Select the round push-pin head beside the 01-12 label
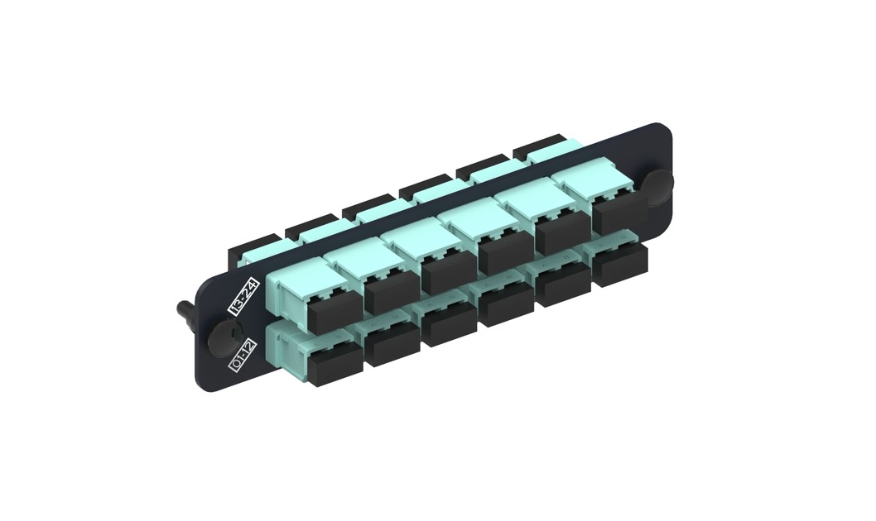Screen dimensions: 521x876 (x=220, y=336)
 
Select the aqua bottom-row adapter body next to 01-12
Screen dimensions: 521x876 (x=294, y=348)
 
